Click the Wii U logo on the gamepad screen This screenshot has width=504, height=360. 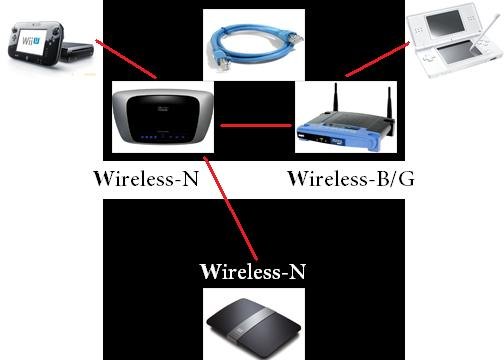pos(30,40)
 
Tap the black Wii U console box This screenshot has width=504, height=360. pos(77,52)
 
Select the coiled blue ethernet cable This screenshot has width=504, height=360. pos(253,47)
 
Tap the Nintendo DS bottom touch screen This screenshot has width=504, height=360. pos(458,52)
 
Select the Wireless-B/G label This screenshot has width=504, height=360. pos(351,179)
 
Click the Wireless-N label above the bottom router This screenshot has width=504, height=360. pos(253,271)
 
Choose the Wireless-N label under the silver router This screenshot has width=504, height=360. pos(146,179)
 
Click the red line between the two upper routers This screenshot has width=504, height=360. pos(256,126)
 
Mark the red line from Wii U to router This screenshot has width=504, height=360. pos(126,59)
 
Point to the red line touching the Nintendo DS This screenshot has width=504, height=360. pos(377,59)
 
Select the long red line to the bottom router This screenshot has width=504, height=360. pos(230,208)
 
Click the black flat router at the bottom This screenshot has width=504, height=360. pos(254,327)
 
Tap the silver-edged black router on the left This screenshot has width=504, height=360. pos(163,116)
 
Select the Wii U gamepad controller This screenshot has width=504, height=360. pos(36,44)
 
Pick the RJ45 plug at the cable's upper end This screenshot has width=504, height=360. pos(296,37)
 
